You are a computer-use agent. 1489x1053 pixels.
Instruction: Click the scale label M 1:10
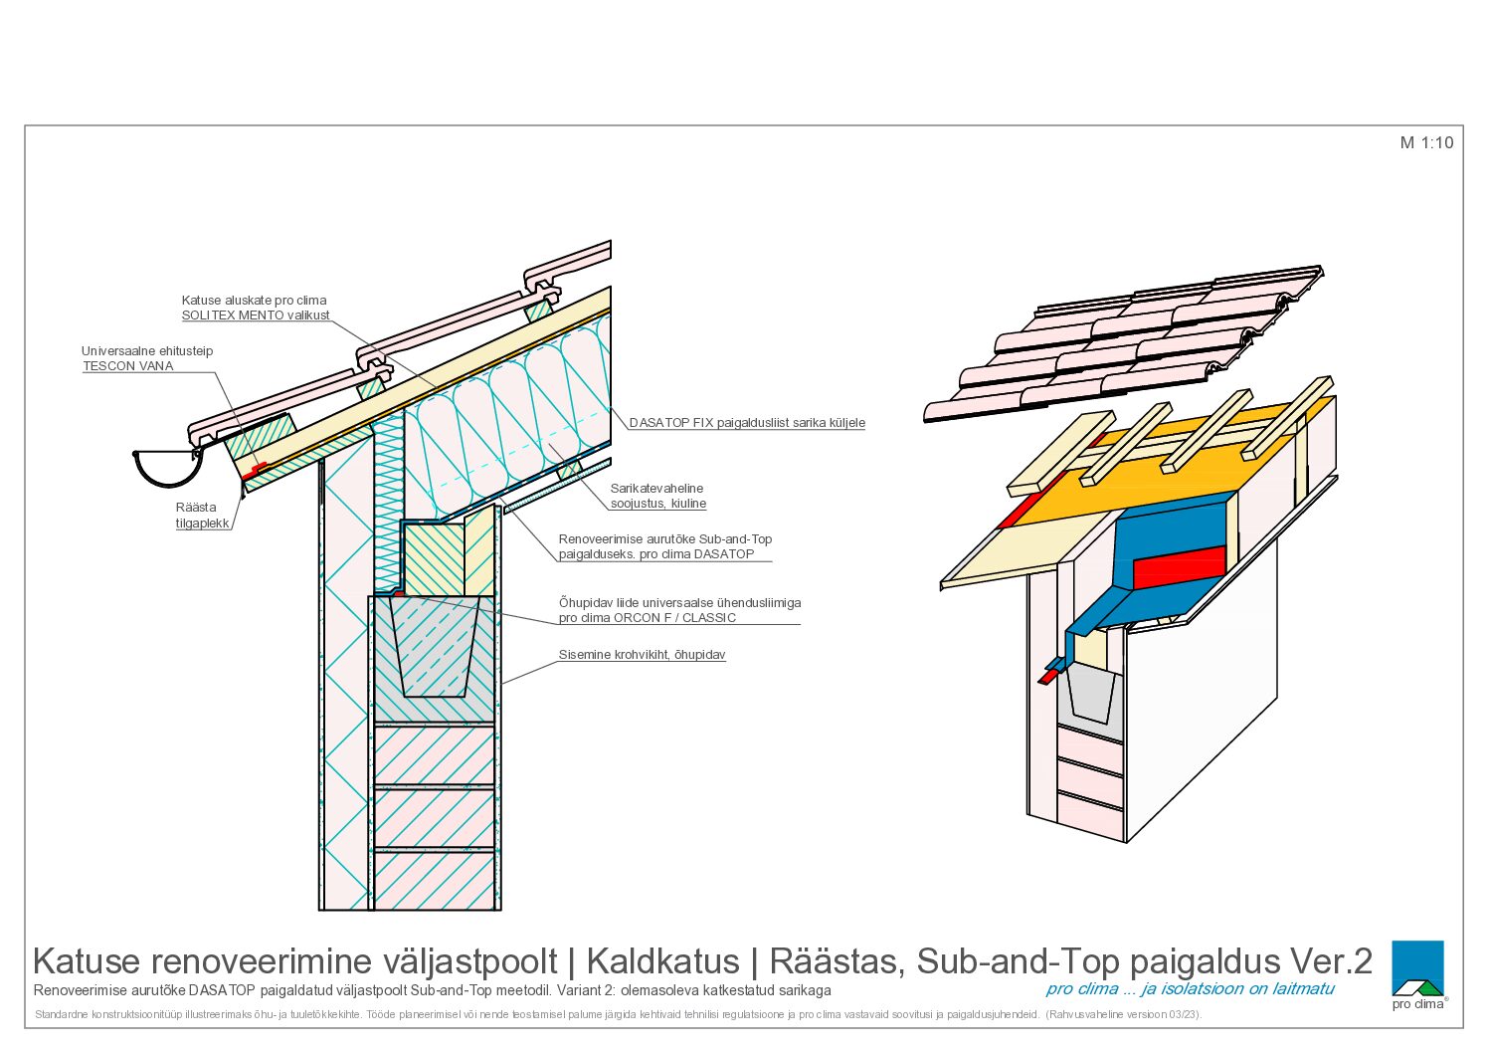1426,143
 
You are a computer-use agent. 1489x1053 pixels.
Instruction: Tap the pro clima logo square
1417,967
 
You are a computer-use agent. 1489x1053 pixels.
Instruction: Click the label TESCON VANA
128,366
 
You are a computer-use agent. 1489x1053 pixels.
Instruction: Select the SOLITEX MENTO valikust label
256,316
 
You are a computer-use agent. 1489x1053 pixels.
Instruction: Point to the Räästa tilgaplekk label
202,516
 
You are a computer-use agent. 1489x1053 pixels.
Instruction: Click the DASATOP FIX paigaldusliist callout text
747,422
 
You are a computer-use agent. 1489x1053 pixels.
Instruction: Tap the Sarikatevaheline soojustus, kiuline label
658,497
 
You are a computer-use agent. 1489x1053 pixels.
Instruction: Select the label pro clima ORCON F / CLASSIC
648,618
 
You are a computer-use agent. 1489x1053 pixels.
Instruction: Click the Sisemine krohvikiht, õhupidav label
642,655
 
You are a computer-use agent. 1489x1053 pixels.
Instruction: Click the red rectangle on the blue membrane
1179,566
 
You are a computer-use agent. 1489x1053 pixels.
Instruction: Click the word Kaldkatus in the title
662,961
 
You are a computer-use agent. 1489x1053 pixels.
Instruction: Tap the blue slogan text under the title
1190,989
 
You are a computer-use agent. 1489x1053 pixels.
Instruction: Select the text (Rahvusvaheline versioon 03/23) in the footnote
1123,1015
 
